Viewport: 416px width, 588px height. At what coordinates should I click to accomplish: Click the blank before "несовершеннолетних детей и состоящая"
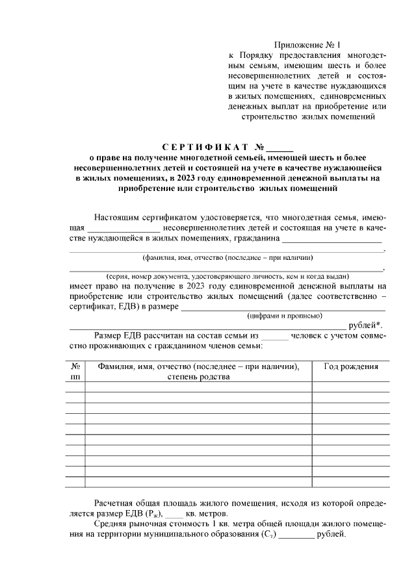[x=123, y=229]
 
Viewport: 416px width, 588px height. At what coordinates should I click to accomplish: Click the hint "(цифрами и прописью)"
[x=285, y=316]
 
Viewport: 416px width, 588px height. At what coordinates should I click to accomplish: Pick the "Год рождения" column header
[x=351, y=366]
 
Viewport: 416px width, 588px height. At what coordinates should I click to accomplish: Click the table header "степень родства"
[x=198, y=377]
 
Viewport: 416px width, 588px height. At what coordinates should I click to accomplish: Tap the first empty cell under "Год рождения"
[x=351, y=387]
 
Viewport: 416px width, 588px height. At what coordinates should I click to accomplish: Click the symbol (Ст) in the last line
[x=266, y=535]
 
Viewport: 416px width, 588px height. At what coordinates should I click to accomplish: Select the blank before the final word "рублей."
[x=296, y=535]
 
